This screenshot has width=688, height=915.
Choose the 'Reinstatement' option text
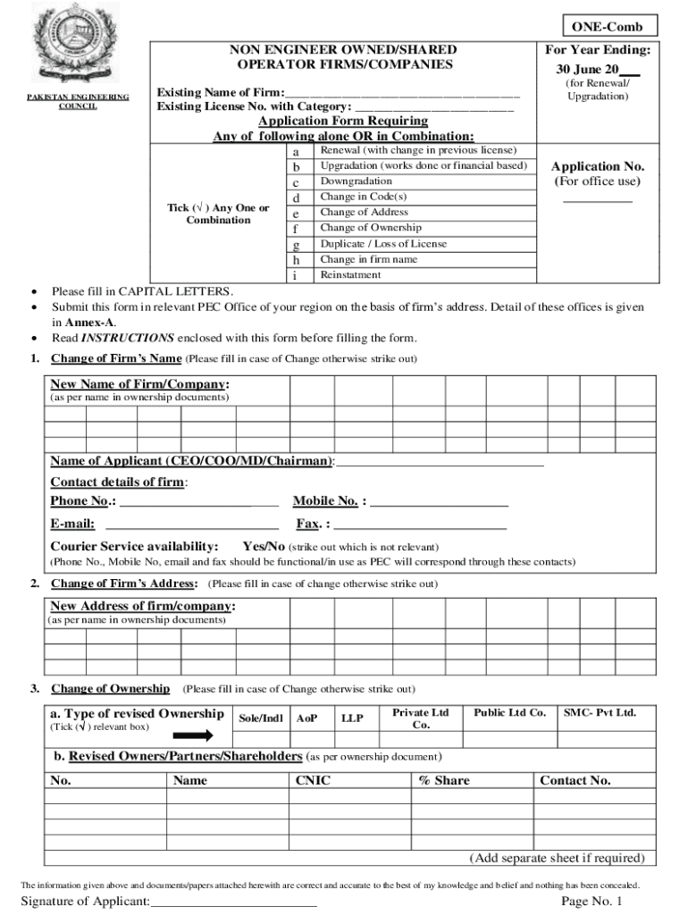coord(350,275)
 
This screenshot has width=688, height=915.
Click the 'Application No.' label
coord(597,166)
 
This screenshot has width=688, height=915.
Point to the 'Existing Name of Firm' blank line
coord(401,93)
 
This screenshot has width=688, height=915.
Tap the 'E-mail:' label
coord(72,525)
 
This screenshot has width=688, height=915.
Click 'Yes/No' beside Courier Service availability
coord(264,546)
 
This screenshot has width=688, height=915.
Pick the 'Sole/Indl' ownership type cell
coord(262,718)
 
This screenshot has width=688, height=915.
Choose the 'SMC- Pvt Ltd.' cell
coord(600,713)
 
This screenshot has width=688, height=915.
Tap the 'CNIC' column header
coord(313,780)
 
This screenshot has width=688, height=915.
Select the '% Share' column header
coord(444,780)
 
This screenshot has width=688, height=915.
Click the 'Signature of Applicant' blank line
coord(234,902)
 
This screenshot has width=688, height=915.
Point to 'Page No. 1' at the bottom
coord(592,902)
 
